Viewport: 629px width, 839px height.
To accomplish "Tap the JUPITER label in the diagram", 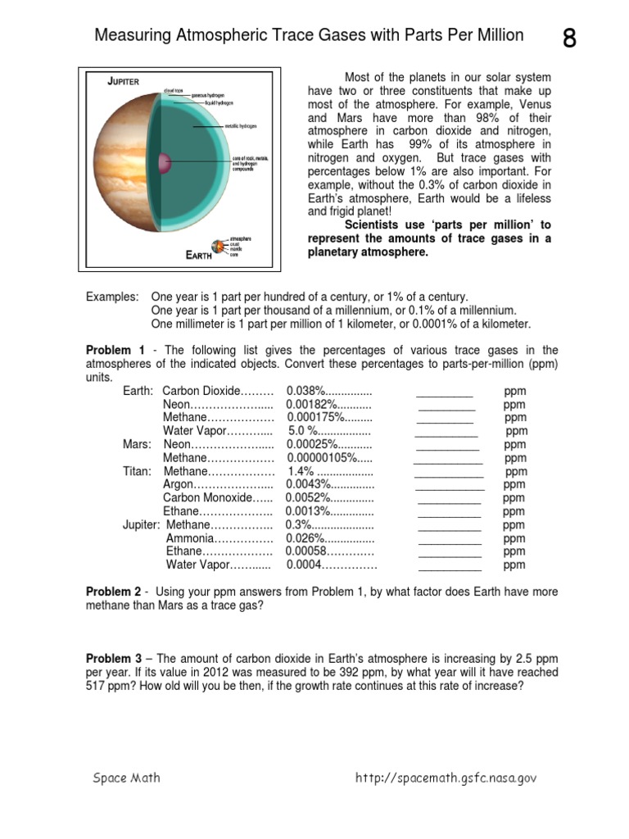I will tap(124, 81).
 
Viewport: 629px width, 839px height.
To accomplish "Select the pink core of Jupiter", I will tap(164, 162).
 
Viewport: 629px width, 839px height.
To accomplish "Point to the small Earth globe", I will tap(218, 245).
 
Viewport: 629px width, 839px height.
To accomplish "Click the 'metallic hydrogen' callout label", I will tap(243, 127).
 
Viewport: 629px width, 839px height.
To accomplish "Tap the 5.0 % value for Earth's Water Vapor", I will tap(302, 431).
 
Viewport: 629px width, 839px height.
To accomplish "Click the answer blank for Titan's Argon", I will tap(450, 485).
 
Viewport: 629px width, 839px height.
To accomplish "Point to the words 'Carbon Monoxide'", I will tap(207, 498).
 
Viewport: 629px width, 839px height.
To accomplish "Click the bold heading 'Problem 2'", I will tap(114, 592).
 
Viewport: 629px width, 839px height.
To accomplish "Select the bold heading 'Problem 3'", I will tap(114, 659).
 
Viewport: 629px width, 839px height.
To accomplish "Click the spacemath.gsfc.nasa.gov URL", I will tap(446, 778).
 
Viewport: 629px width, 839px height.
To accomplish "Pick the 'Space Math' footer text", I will tap(126, 778).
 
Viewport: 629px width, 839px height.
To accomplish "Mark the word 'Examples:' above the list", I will tap(112, 297).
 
